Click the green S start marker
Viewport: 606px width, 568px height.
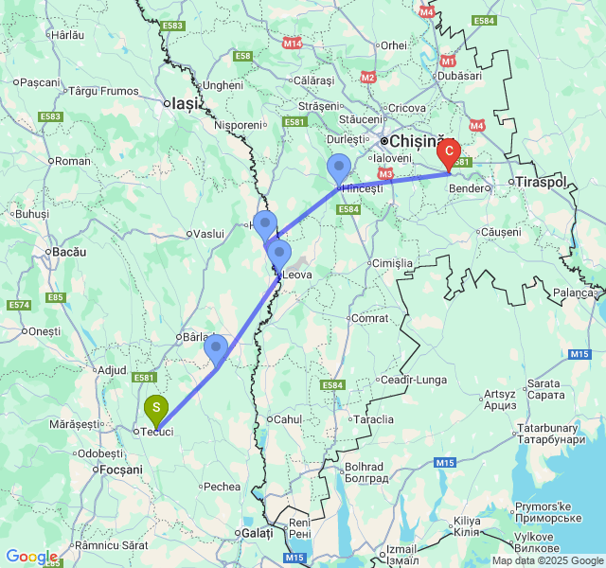(x=156, y=409)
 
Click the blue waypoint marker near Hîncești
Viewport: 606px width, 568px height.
(x=339, y=168)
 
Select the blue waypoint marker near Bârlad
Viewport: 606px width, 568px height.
(x=216, y=347)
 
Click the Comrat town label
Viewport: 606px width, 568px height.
(x=369, y=318)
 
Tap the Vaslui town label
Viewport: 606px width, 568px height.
(x=206, y=233)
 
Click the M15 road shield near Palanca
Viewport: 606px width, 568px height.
(x=579, y=353)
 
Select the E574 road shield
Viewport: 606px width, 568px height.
(x=19, y=305)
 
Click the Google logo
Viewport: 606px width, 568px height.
(x=31, y=557)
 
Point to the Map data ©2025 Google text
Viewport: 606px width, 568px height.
(x=546, y=560)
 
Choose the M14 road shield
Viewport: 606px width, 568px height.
(x=293, y=44)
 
